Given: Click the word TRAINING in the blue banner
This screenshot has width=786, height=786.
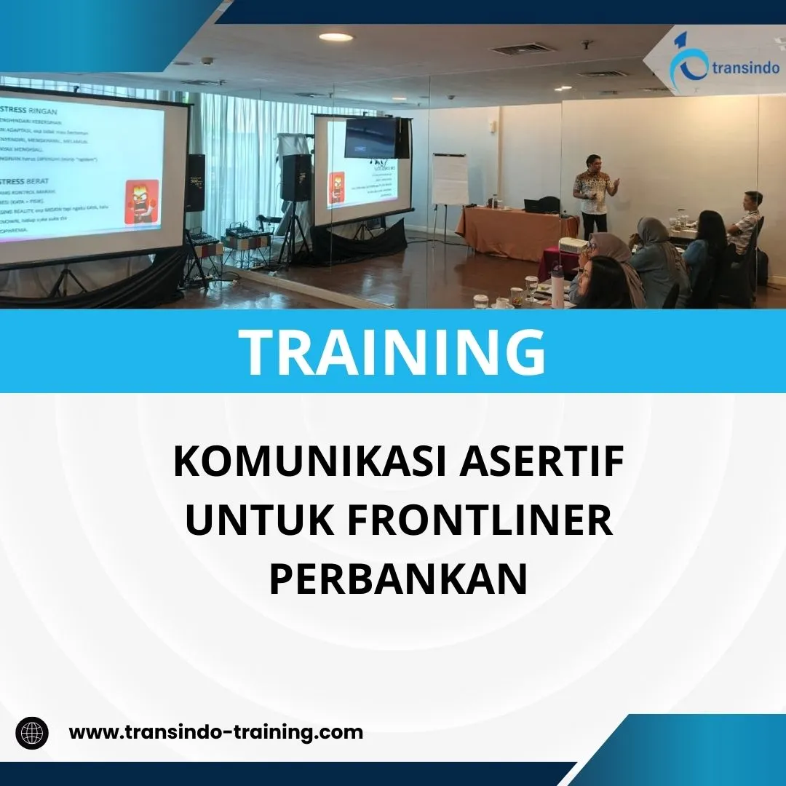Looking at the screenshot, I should point(393,352).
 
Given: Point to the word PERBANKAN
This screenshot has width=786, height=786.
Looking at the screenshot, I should point(398,579).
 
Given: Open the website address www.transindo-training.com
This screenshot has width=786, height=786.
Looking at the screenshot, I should point(215,731).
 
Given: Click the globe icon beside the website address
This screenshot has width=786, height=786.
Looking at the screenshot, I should point(32,732).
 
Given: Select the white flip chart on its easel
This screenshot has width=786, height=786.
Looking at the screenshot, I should point(450,180).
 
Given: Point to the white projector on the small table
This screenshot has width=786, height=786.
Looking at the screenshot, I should point(573,245).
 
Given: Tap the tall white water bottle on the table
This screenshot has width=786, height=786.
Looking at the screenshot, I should point(557,286).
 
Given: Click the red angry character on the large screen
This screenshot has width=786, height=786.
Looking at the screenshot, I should point(143,201).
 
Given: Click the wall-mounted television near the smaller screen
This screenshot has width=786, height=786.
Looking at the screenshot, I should point(371,138).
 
